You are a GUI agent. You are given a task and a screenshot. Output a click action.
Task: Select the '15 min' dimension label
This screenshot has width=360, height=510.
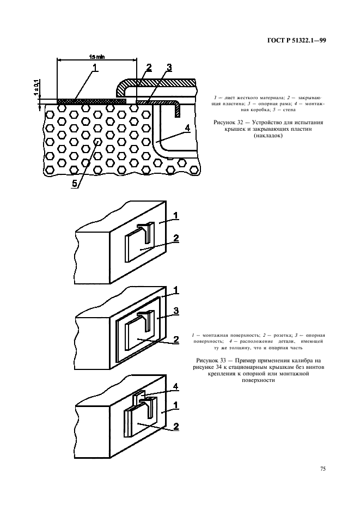tap(96, 56)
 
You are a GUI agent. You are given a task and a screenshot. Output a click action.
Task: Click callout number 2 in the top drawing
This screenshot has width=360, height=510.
tap(149, 67)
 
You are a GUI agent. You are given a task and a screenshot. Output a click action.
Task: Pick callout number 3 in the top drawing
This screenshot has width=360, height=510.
tap(169, 68)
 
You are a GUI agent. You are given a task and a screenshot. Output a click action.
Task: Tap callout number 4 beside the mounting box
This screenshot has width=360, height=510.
tap(187, 128)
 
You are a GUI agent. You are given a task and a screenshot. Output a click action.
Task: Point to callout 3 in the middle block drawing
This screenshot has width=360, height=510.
tap(176, 309)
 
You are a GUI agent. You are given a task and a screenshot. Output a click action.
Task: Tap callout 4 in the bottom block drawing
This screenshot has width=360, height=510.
tap(176, 387)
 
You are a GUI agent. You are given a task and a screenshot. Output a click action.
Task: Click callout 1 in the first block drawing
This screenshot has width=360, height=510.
tap(176, 217)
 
